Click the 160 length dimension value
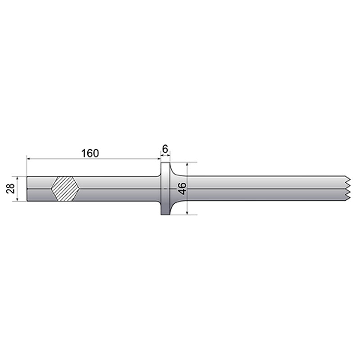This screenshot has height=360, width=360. point(90,153)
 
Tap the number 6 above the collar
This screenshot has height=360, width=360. point(165,149)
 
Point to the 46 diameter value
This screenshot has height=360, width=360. point(182,189)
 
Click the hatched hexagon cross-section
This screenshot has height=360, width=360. point(65,189)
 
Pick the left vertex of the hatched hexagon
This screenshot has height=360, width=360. point(51,189)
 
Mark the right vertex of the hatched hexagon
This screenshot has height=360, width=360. point(80,189)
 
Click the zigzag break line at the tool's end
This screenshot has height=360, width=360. point(348,189)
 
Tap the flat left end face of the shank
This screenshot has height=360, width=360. point(27,189)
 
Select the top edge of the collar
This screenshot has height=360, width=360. point(165,163)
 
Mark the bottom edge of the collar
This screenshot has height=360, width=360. point(165,215)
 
